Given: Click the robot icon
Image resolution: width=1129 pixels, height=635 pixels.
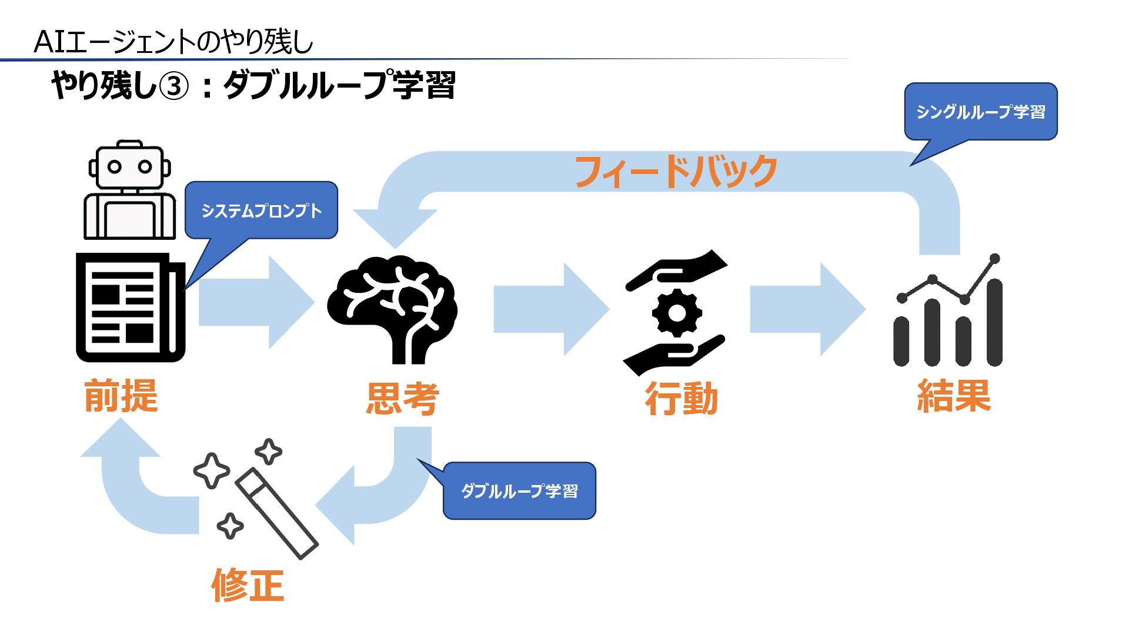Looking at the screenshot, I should pos(130,190).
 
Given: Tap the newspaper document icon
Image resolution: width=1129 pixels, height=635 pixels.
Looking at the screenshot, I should pos(130,308).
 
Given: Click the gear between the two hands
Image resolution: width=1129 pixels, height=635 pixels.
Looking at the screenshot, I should pos(677,313).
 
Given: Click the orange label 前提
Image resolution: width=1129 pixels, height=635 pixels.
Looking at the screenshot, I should pos(121,395).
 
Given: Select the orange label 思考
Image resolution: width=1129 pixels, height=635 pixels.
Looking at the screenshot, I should pos(403,399).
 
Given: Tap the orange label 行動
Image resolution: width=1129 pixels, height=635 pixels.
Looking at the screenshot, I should pos(682,399).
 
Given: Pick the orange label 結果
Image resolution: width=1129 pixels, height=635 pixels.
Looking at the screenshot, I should pos(954,396).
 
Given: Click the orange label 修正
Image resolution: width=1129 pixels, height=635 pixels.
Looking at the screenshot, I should pos(248,585).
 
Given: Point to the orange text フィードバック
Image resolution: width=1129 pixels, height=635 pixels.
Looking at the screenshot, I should pos(676,171).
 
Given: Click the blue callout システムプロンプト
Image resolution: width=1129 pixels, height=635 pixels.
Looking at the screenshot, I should pos(262,210).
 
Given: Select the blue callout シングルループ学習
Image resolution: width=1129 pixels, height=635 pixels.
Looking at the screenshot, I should pos(981,112).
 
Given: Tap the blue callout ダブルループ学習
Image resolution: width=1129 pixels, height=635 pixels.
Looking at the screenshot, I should pos(519,490).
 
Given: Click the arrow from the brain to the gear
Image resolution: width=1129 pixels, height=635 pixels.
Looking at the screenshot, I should pos(550,309).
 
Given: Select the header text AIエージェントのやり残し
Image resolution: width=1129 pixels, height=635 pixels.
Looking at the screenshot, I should pos(173,42).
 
